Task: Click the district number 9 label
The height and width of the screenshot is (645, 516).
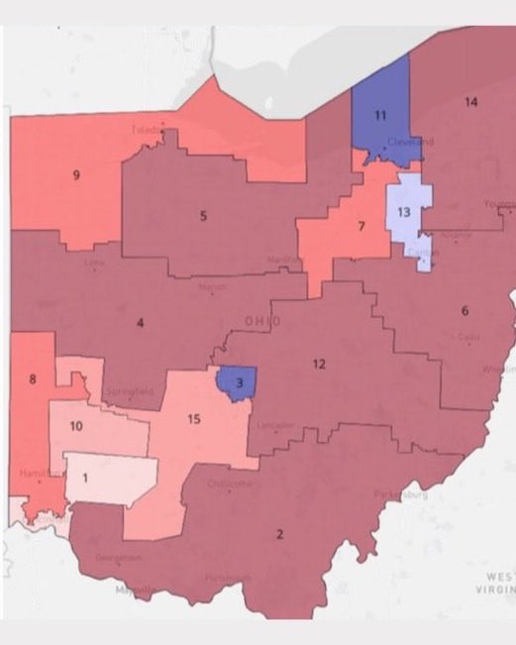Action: [x=76, y=175]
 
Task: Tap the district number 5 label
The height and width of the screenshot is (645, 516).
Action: [x=203, y=215]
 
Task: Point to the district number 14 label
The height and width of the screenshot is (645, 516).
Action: [x=471, y=103]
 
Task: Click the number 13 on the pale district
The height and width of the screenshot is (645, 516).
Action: [x=403, y=212]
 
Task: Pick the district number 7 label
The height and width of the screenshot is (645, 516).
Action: [x=361, y=226]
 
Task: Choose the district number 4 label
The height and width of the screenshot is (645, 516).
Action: [x=141, y=322]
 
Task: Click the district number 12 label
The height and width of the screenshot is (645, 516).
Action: [x=319, y=364]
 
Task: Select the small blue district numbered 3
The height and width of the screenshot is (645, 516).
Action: [x=238, y=382]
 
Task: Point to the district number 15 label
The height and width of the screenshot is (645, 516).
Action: [x=194, y=419]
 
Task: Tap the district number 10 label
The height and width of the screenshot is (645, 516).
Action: [x=75, y=426]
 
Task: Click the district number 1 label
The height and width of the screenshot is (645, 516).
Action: [x=86, y=477]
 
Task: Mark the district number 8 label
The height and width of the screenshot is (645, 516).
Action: [x=33, y=378]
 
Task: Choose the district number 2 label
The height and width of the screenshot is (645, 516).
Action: [x=279, y=535]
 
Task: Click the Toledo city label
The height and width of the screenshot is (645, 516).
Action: [x=147, y=130]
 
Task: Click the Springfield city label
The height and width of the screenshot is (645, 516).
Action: [x=133, y=392]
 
